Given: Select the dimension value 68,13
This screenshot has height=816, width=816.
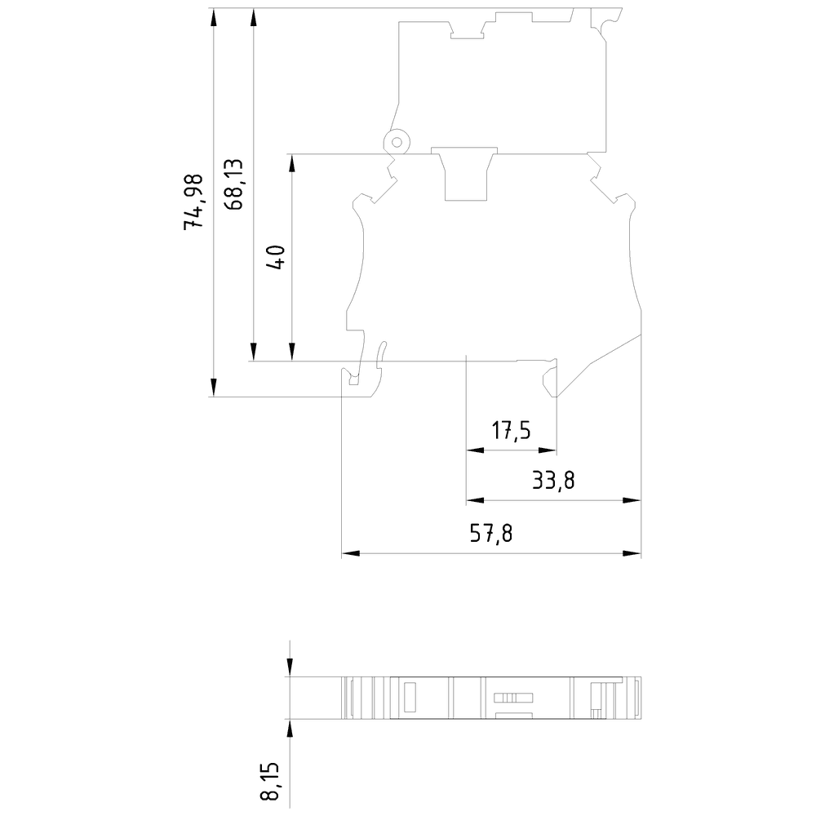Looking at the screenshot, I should [x=234, y=184].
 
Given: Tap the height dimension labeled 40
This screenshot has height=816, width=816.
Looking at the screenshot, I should [x=275, y=257].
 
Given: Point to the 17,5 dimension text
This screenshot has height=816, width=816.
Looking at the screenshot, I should [x=511, y=430].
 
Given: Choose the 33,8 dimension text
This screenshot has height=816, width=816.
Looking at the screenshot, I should [x=553, y=481].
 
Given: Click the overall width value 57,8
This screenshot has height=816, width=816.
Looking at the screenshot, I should [x=490, y=534].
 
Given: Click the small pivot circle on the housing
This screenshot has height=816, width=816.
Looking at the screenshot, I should [x=396, y=142].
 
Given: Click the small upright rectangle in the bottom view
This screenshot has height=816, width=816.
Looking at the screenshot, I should [x=410, y=698].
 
